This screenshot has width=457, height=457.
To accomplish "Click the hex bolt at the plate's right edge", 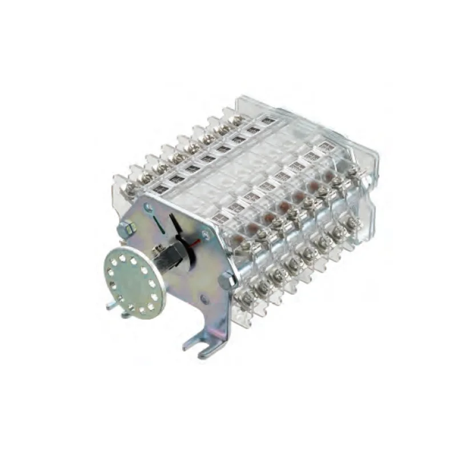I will pyautogui.click(x=227, y=279).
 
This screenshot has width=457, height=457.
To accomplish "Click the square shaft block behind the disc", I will pyautogui.click(x=168, y=259).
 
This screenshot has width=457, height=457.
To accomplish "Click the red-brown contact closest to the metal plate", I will pyautogui.click(x=251, y=227).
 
